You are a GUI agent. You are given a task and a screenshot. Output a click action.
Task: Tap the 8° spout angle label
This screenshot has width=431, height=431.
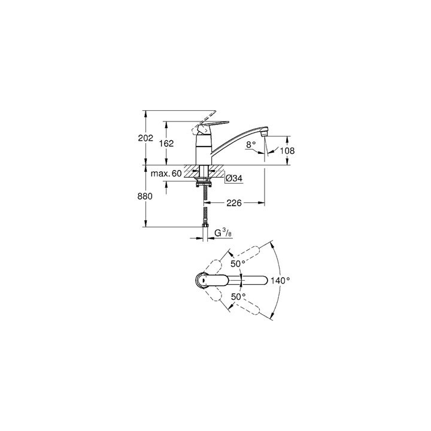click(251, 144)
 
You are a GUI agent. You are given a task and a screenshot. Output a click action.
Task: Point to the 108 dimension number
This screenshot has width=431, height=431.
click(287, 151)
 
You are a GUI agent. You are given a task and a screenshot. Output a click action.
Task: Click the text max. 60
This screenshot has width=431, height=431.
click(166, 174)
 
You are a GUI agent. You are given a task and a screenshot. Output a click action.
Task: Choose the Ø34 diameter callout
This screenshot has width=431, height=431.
click(233, 178)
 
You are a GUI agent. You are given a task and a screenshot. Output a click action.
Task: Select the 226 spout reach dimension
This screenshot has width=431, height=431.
click(233, 204)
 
